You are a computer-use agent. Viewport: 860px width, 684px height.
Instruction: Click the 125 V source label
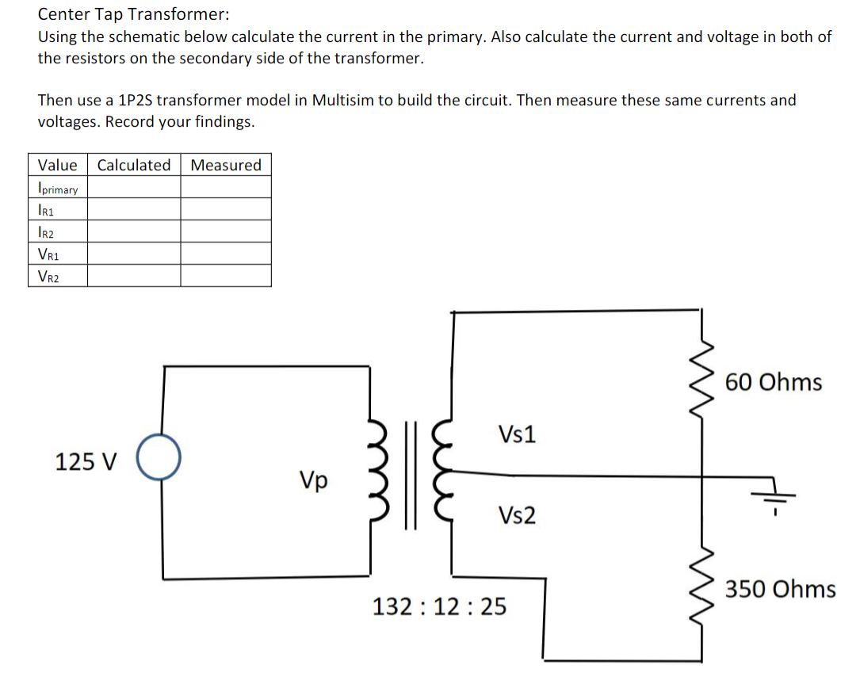(x=86, y=461)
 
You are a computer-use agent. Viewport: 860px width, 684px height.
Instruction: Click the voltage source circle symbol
(x=160, y=457)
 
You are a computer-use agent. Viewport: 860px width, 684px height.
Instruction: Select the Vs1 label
(x=517, y=434)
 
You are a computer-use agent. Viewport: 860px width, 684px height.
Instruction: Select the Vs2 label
(x=517, y=517)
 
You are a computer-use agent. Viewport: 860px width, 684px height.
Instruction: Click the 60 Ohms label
(x=774, y=383)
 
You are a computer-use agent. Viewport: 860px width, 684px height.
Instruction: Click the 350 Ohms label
(x=781, y=590)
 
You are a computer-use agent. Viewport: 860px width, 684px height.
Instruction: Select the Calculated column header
(x=133, y=165)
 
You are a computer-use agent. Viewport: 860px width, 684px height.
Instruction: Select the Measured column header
(x=226, y=165)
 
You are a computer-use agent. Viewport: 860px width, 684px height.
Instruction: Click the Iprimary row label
(x=57, y=189)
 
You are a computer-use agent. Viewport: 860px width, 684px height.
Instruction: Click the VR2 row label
(x=49, y=277)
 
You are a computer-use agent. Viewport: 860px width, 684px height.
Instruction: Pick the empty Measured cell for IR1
(x=226, y=210)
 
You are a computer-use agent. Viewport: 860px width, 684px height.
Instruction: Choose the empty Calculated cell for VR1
(x=133, y=254)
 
